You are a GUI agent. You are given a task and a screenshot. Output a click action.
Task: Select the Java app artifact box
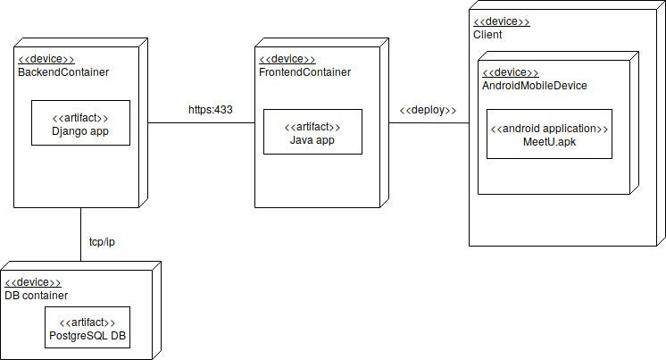point(312,131)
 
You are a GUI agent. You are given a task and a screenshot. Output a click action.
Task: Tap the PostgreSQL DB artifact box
point(87,328)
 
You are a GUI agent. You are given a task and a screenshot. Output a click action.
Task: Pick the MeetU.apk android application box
point(549,134)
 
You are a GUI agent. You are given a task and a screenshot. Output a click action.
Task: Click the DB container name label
point(36,296)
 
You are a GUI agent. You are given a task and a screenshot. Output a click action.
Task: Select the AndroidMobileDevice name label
point(534,85)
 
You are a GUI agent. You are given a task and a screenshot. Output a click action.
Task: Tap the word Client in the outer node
point(487,35)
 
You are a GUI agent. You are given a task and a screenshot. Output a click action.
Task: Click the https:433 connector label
point(210,110)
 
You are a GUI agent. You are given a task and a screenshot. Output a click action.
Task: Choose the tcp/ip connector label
point(102,242)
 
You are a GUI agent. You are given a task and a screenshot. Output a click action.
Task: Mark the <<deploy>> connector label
point(428,110)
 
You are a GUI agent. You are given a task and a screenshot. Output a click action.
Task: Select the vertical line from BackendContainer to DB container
point(80,234)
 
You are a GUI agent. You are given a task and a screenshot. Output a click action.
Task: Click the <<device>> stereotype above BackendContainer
point(46,59)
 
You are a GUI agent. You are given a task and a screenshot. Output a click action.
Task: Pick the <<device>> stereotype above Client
point(501,21)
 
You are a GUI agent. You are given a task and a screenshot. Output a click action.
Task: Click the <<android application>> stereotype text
point(549,129)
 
